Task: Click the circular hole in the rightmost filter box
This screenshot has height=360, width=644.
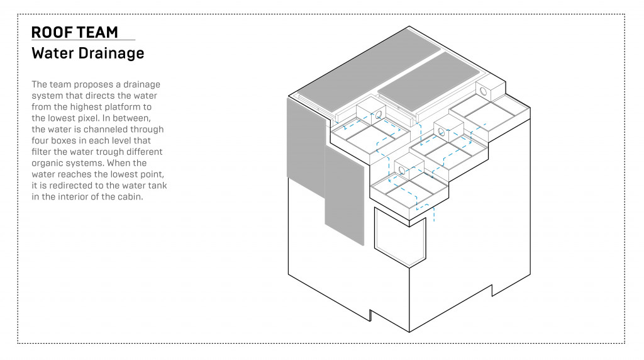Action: pyautogui.click(x=484, y=91)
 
